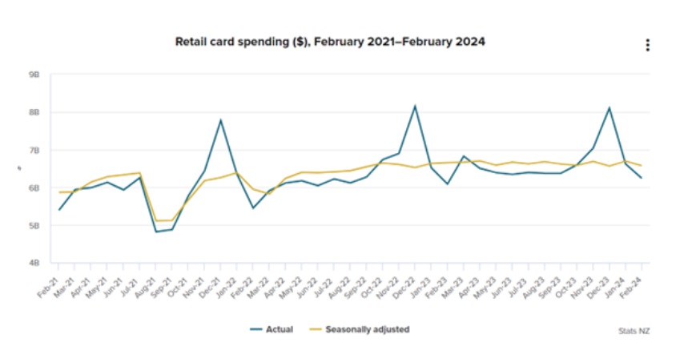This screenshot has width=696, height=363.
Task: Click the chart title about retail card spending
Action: (329, 42)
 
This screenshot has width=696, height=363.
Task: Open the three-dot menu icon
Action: (648, 46)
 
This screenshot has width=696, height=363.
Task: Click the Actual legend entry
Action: (272, 329)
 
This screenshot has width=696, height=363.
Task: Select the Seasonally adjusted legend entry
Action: (360, 329)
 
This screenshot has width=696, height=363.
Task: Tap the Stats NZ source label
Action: (634, 330)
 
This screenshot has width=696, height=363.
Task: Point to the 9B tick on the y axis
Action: (34, 75)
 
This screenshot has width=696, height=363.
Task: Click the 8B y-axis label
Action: (34, 112)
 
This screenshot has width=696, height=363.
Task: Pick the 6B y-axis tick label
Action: (34, 188)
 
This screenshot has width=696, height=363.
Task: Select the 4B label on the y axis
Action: (34, 264)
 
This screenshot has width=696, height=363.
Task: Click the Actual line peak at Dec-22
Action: (415, 106)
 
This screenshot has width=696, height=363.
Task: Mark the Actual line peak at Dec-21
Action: (220, 120)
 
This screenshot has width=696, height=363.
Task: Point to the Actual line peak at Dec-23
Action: (610, 107)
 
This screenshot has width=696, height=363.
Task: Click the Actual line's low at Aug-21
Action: (156, 232)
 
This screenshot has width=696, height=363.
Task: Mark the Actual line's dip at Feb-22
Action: (253, 208)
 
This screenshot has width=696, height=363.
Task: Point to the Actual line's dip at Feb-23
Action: (448, 184)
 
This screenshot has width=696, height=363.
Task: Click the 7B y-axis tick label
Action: (34, 151)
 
